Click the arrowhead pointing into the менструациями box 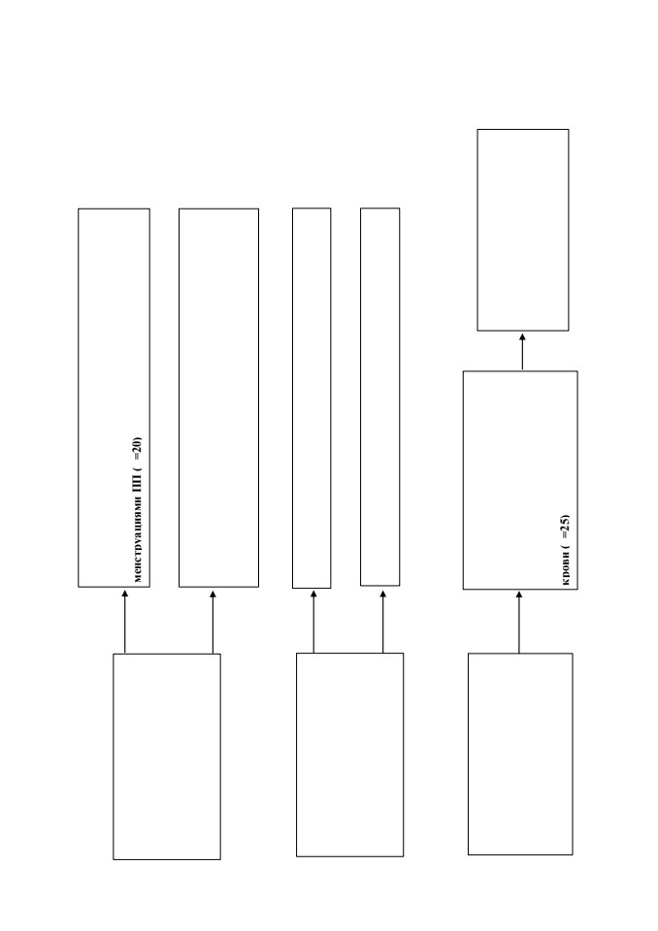point(125,594)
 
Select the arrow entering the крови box point(519,622)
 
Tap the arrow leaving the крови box point(522,351)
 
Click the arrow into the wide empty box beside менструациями point(213,622)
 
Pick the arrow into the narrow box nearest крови point(382,621)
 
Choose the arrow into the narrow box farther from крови point(313,621)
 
